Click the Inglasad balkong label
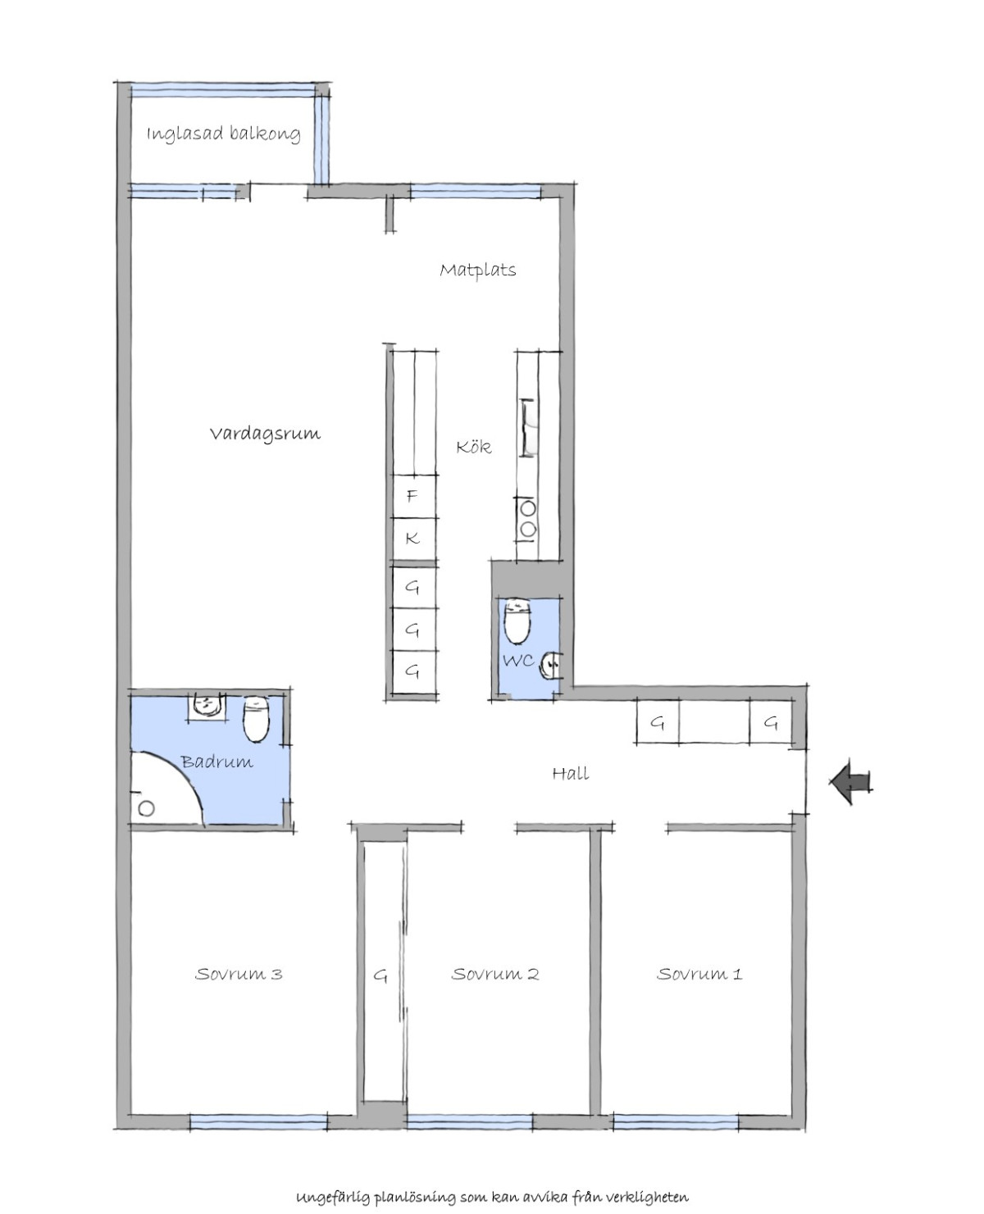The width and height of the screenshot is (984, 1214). click(x=224, y=134)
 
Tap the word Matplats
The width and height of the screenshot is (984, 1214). click(x=478, y=270)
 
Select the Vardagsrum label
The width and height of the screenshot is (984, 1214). click(x=265, y=434)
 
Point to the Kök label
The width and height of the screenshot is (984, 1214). click(x=474, y=446)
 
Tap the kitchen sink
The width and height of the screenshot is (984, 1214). click(x=528, y=428)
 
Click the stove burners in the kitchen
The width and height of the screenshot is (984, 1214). click(x=528, y=518)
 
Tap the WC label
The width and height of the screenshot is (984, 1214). click(x=518, y=661)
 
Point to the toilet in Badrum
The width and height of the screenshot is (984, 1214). click(x=256, y=719)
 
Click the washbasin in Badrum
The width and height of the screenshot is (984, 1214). click(x=207, y=706)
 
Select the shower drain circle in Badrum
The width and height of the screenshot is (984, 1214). click(x=147, y=807)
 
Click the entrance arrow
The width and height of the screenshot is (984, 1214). click(x=850, y=781)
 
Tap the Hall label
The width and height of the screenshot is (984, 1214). click(x=571, y=774)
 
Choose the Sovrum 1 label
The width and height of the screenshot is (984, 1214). click(x=699, y=974)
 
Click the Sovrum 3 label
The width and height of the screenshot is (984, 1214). click(x=239, y=974)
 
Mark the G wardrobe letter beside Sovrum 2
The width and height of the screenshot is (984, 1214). click(x=380, y=976)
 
